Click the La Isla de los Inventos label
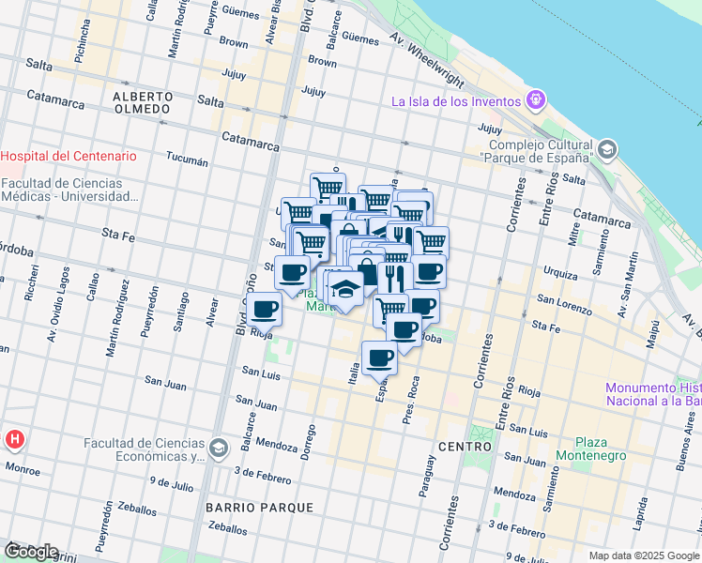point(456,101)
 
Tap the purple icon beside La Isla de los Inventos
point(536,97)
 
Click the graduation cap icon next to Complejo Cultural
point(607,149)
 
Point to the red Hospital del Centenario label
point(69,156)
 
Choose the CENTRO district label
point(465,447)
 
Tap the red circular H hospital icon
point(15,438)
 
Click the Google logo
point(30,552)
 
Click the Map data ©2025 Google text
point(644,555)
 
